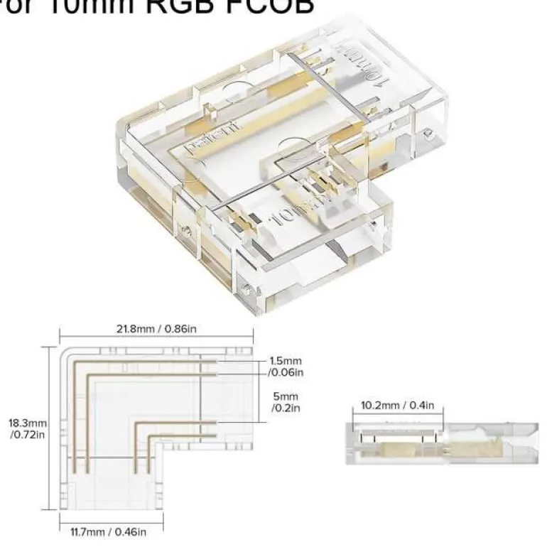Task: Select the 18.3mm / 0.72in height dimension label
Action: click(27, 428)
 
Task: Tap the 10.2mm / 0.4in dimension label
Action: click(398, 406)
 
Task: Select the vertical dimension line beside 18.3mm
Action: click(51, 428)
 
